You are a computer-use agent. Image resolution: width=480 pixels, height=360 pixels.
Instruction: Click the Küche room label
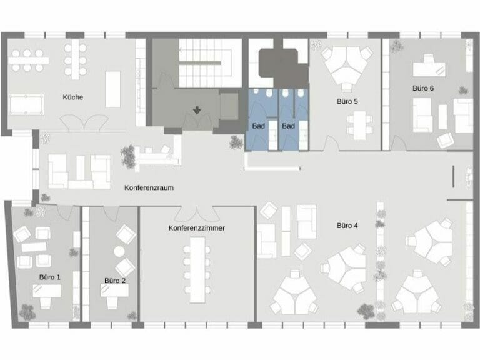(72, 97)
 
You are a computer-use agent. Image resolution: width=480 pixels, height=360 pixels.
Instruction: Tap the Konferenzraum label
(149, 187)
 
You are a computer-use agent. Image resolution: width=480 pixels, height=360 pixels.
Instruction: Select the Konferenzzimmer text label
(196, 228)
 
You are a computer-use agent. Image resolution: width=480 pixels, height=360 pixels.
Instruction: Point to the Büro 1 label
(50, 276)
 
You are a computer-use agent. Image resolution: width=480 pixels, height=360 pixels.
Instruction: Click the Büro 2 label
(115, 281)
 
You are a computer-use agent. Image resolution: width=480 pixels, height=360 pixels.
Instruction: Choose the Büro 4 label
(347, 225)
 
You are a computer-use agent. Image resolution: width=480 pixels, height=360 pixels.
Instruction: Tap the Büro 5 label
(347, 101)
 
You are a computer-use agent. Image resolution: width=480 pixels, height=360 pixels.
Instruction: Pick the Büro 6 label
(423, 88)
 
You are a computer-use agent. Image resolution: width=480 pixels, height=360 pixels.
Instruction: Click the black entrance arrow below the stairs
(197, 111)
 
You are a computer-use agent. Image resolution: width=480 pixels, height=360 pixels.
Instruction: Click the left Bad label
(258, 126)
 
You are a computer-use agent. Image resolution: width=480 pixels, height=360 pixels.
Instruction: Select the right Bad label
(288, 126)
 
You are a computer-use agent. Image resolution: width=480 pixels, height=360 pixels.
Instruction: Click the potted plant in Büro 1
(27, 311)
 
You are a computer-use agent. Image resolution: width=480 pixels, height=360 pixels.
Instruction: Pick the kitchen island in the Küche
(113, 89)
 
